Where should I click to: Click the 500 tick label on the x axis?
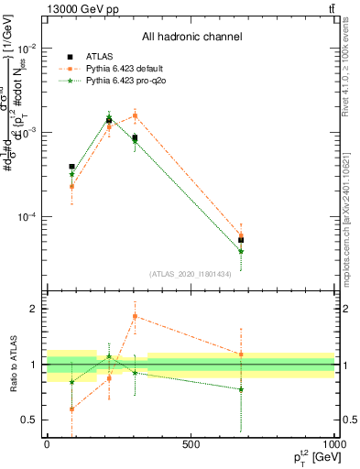pos(191,444)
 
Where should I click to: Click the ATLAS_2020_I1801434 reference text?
pos(190,274)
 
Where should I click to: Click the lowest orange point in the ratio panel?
pos(71,409)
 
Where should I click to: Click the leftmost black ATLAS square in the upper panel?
pos(71,167)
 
